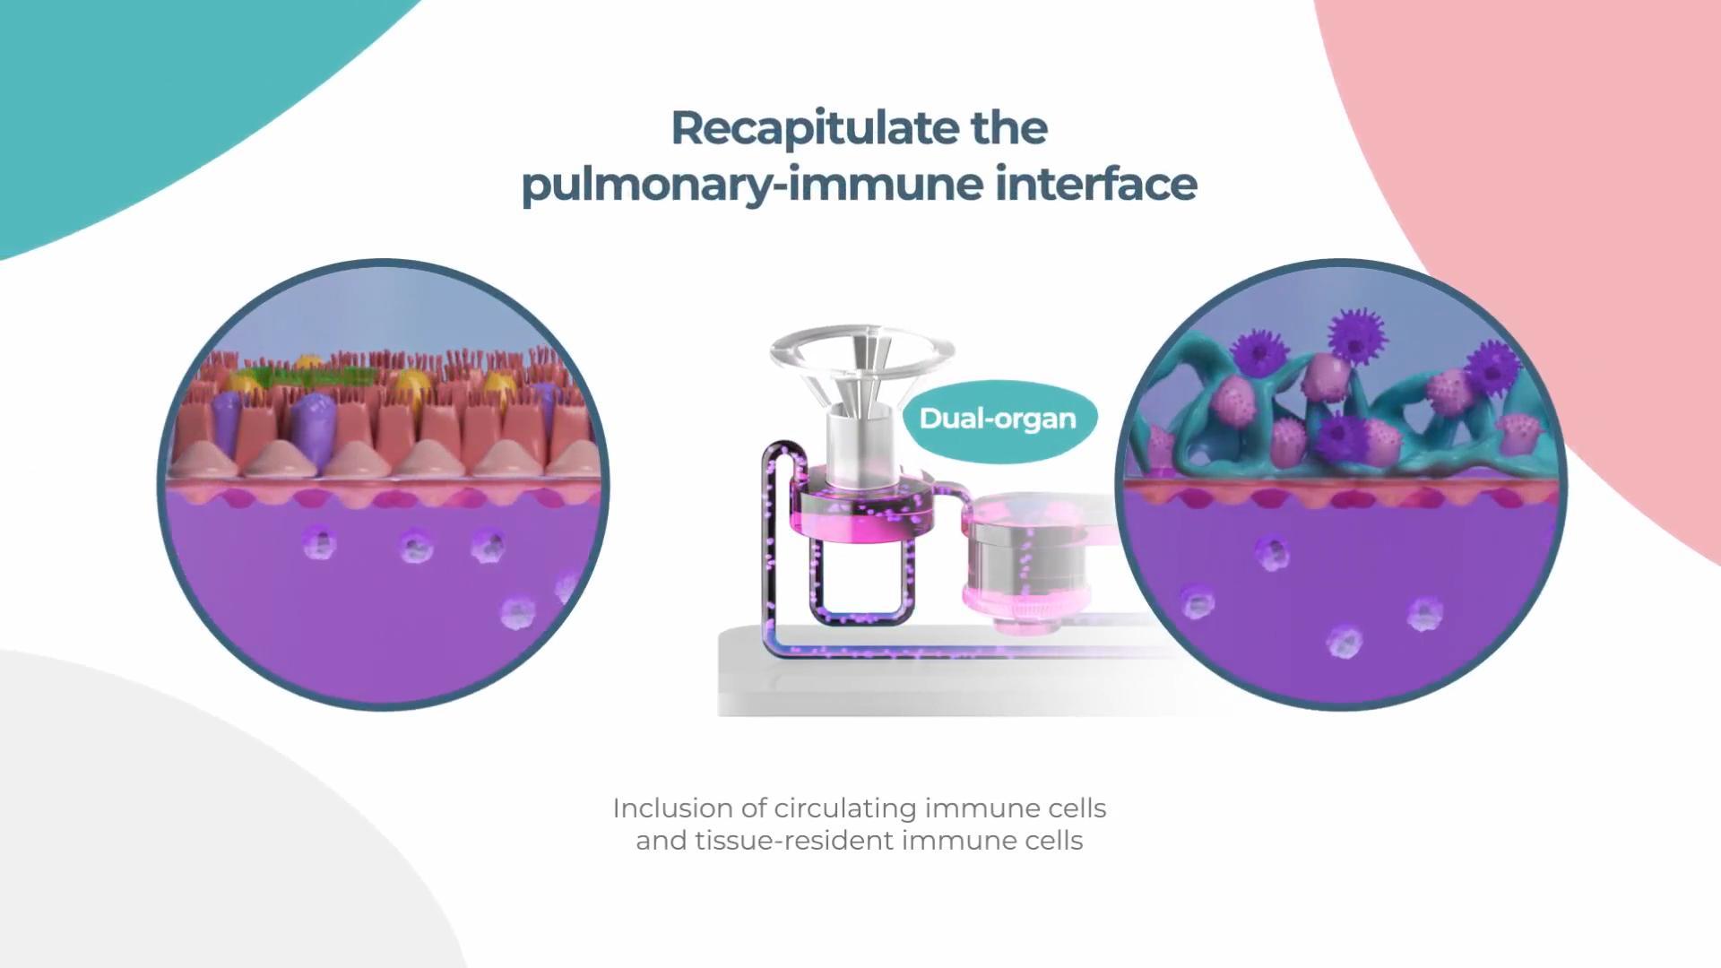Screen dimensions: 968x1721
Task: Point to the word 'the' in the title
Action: point(1008,128)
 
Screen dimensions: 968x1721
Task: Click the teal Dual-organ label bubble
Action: point(998,419)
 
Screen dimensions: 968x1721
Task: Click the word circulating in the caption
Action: point(845,808)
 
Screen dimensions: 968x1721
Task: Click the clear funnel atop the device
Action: point(860,355)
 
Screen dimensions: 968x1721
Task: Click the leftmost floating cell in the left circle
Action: point(318,542)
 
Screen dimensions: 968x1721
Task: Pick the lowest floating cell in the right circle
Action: point(1343,642)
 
